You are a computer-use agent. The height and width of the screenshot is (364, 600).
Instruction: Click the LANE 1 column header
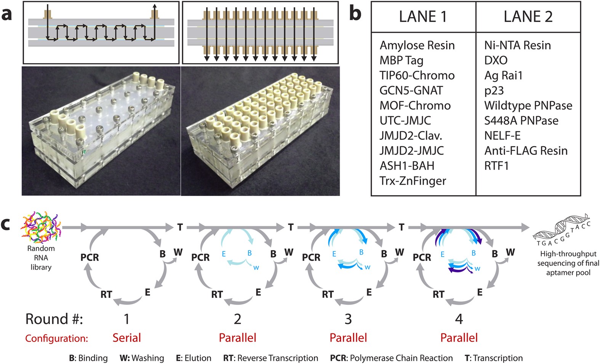tap(423, 17)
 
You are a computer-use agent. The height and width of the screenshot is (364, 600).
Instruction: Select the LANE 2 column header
tap(528, 17)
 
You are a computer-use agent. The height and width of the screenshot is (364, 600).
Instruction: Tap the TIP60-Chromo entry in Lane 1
tap(417, 75)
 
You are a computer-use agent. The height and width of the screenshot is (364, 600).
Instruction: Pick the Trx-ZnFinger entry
tap(413, 180)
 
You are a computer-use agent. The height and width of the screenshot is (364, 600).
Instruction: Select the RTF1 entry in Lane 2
tap(496, 166)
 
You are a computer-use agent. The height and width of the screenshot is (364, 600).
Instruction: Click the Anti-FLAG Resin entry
tap(526, 150)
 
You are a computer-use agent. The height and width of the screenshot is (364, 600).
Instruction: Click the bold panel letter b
tap(355, 14)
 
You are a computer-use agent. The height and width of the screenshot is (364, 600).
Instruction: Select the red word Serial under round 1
tap(126, 338)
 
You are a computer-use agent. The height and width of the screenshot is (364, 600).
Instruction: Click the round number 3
tap(348, 319)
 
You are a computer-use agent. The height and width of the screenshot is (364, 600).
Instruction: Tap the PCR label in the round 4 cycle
tap(422, 258)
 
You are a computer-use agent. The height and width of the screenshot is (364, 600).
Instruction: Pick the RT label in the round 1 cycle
tap(106, 294)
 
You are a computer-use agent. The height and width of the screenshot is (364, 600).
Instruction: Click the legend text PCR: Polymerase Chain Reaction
tap(391, 358)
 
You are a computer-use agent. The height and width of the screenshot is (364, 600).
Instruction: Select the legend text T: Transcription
tap(494, 358)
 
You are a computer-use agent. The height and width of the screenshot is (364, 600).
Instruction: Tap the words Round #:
tap(54, 319)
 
